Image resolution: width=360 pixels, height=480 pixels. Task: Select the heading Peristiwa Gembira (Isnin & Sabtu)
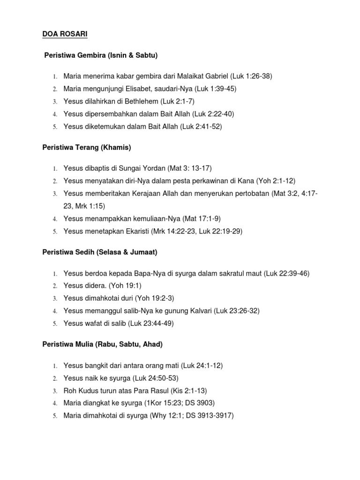[x=101, y=55]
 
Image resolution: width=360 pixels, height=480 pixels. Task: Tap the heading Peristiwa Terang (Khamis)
[x=84, y=148]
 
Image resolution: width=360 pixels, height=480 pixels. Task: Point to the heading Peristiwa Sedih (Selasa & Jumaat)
[x=97, y=252]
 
